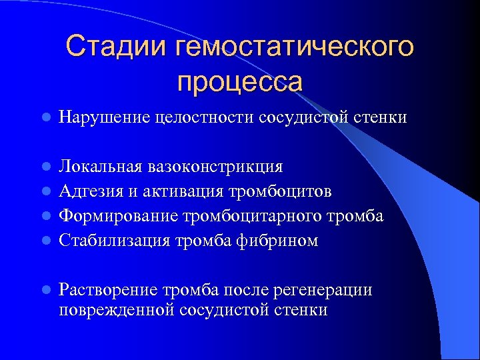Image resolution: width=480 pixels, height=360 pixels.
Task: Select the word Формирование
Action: (119, 216)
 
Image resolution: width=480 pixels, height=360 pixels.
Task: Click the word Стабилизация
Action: (114, 241)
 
